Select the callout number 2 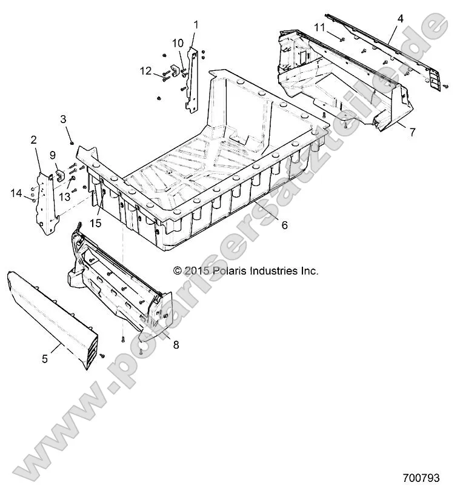pos(33,140)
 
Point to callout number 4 pos(400,19)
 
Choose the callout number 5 pos(45,359)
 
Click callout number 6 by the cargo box pos(284,225)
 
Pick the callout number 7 pos(412,132)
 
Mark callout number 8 pos(176,344)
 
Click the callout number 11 pos(320,27)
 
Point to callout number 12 pos(145,71)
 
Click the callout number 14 pos(16,193)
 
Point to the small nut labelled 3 pos(72,142)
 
